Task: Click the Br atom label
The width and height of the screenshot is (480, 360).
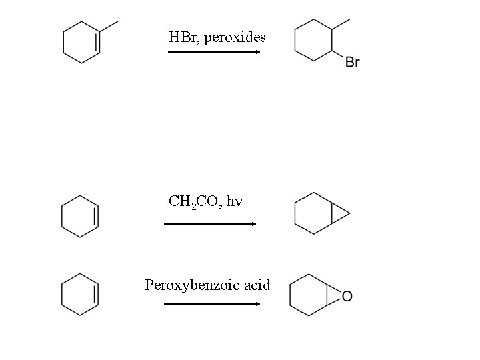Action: click(x=353, y=62)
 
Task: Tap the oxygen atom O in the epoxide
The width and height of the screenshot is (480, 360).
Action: click(x=347, y=296)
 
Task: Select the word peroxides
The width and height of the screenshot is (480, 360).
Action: click(x=235, y=37)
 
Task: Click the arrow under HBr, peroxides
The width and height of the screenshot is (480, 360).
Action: click(x=213, y=51)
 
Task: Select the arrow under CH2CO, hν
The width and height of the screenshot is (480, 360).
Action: click(x=210, y=224)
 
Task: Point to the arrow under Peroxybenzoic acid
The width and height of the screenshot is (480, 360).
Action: click(x=211, y=304)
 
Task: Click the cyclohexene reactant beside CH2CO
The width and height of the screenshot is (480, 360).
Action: click(x=80, y=215)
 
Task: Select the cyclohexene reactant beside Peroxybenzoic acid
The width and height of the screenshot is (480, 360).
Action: click(x=80, y=293)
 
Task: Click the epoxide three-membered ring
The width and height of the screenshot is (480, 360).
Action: click(x=335, y=296)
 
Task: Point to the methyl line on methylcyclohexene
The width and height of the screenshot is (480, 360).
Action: click(x=109, y=27)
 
